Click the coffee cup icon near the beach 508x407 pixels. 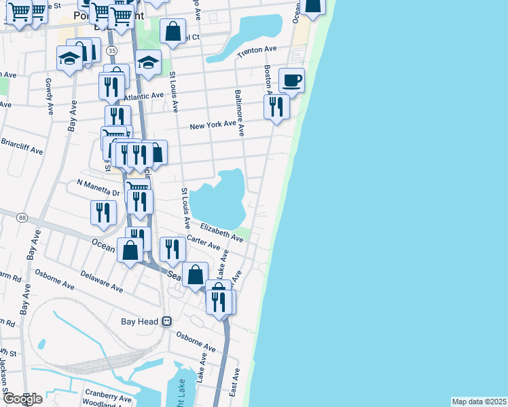[291, 80]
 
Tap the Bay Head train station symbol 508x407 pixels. [166, 321]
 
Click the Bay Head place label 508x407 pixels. [139, 321]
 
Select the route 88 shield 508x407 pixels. [23, 217]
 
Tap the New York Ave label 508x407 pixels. [213, 125]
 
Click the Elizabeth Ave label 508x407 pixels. [221, 232]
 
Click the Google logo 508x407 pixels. [22, 398]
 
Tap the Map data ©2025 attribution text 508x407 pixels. [479, 402]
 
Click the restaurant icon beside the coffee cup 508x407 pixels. [276, 107]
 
